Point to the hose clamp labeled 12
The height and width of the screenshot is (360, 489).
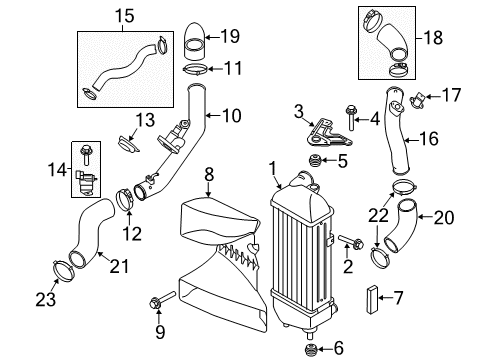pyautogui.click(x=128, y=197)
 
